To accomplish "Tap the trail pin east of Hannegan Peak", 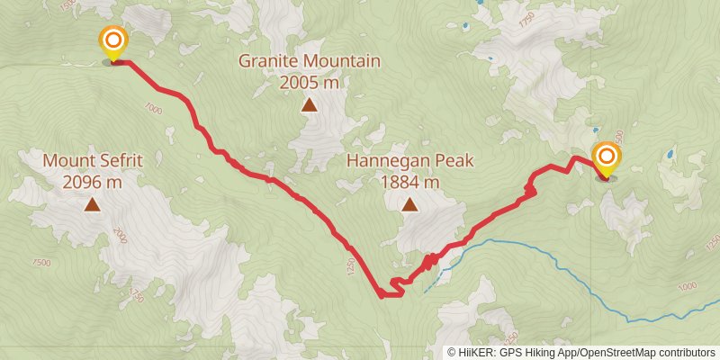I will (607, 158).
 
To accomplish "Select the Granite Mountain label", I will (309, 62).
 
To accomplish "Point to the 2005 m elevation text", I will (309, 83).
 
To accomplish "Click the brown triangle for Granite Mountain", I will (309, 105).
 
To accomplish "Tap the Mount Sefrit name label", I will (93, 161).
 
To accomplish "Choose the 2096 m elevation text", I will (93, 182).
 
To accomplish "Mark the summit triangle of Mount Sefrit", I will (93, 205).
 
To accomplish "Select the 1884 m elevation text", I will (409, 182).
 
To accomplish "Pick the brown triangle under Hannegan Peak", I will (409, 205).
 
